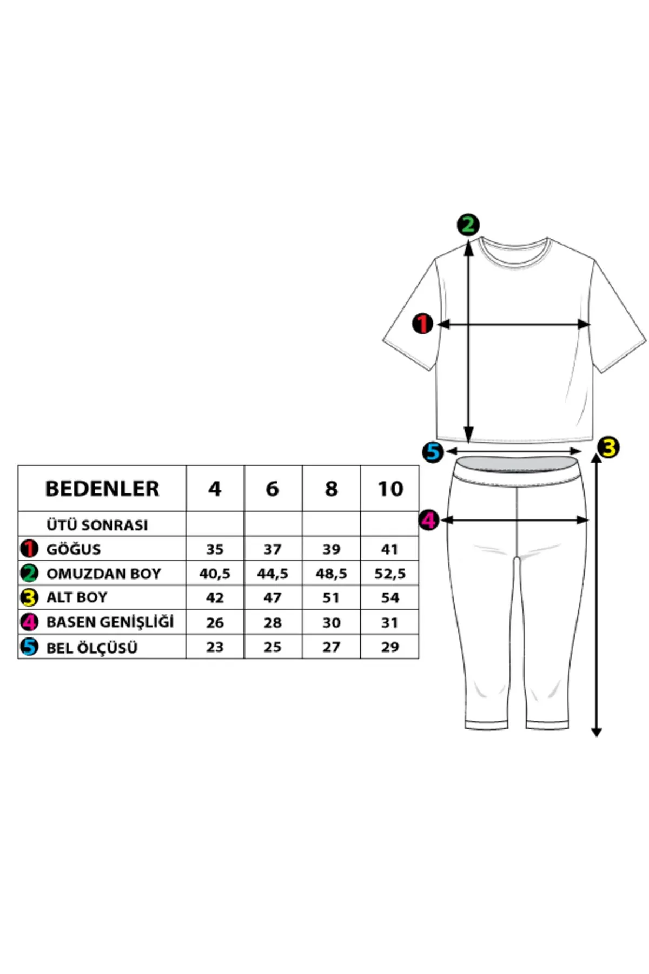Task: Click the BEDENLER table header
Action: pyautogui.click(x=102, y=489)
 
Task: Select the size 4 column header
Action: pyautogui.click(x=215, y=489)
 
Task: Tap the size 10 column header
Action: pyautogui.click(x=390, y=489)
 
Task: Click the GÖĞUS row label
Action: pyautogui.click(x=74, y=549)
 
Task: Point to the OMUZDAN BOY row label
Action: pyautogui.click(x=104, y=574)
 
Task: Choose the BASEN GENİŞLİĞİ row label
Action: pyautogui.click(x=110, y=622)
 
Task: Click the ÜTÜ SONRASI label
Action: pyautogui.click(x=97, y=525)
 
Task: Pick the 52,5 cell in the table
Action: pyautogui.click(x=390, y=574)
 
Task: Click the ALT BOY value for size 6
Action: pyautogui.click(x=273, y=597)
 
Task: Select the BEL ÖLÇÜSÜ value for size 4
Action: pyautogui.click(x=215, y=647)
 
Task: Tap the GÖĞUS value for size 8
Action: pyautogui.click(x=331, y=549)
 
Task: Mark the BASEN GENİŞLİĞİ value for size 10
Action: pyautogui.click(x=390, y=622)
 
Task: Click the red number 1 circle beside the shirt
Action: pyautogui.click(x=422, y=324)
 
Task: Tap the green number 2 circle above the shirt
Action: pyautogui.click(x=468, y=225)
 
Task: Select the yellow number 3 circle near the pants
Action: pyautogui.click(x=609, y=447)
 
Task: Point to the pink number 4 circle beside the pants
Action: pyautogui.click(x=429, y=520)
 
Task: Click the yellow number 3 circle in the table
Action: pyautogui.click(x=29, y=597)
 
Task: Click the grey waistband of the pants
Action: pyautogui.click(x=517, y=465)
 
